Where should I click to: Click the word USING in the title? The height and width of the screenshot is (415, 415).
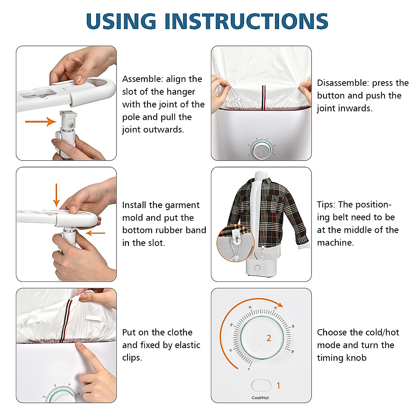click(x=121, y=21)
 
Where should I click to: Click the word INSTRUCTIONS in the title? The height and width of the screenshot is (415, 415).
click(x=246, y=21)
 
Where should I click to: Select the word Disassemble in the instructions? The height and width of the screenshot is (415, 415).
click(x=343, y=83)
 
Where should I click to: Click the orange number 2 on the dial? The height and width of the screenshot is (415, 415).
click(x=269, y=338)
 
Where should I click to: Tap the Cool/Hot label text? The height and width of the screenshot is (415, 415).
click(x=260, y=398)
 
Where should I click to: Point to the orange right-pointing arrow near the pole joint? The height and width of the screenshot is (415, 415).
click(x=40, y=121)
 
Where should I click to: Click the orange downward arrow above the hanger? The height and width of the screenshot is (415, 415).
click(x=56, y=195)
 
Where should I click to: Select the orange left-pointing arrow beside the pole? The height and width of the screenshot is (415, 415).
click(x=95, y=233)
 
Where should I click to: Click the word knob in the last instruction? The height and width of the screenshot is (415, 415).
click(x=357, y=358)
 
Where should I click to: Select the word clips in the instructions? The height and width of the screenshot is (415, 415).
click(x=132, y=358)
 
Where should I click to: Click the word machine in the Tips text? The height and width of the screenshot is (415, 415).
click(x=335, y=243)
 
